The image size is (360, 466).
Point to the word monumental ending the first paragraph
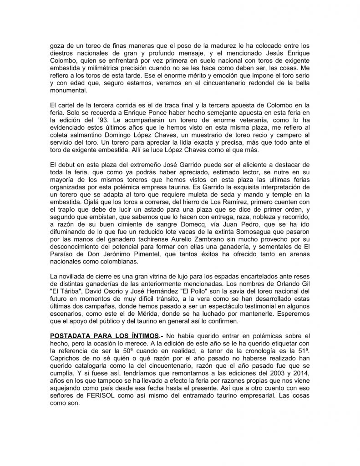pyautogui.click(x=71, y=90)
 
